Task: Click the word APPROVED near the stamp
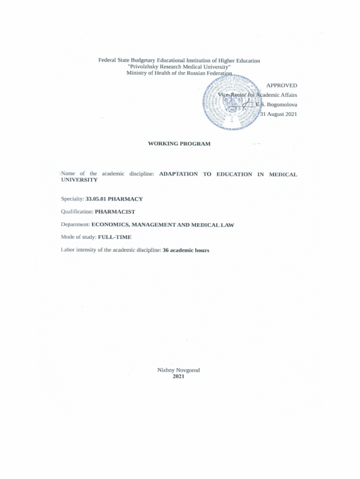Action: pyautogui.click(x=281, y=86)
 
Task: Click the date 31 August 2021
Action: pyautogui.click(x=279, y=114)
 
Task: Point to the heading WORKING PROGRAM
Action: pyautogui.click(x=179, y=144)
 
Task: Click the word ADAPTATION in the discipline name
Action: pyautogui.click(x=178, y=174)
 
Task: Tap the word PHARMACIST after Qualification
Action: pyautogui.click(x=115, y=211)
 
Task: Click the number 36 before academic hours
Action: pyautogui.click(x=165, y=250)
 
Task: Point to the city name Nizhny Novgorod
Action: pyautogui.click(x=179, y=370)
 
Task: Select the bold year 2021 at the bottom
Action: pyautogui.click(x=179, y=377)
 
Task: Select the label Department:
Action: pyautogui.click(x=75, y=225)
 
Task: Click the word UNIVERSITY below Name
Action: pyautogui.click(x=79, y=180)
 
